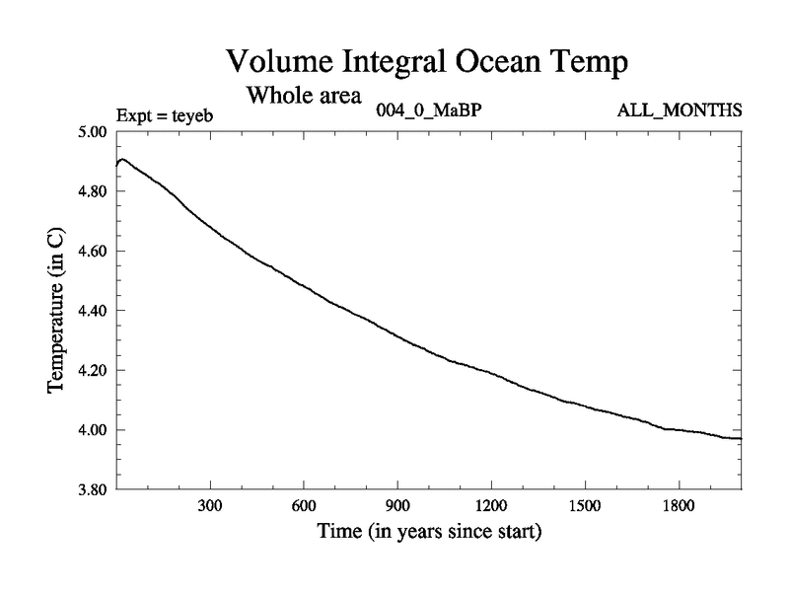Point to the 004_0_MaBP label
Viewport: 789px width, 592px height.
429,110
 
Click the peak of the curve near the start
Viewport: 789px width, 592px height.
122,159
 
